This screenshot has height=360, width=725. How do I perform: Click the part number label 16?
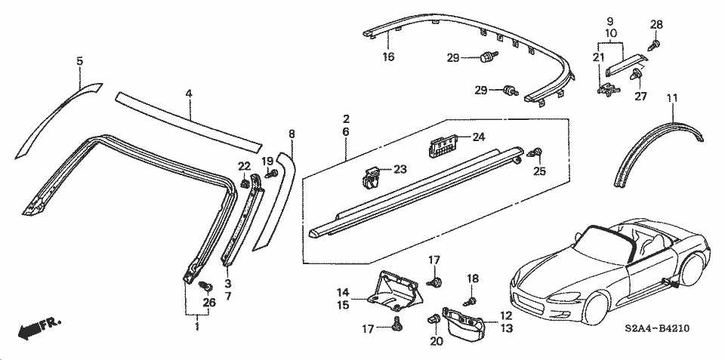(x=388, y=56)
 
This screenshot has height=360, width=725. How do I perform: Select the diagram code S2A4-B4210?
(x=656, y=328)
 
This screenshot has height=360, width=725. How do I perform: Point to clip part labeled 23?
(x=369, y=179)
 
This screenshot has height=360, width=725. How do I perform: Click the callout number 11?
(x=671, y=98)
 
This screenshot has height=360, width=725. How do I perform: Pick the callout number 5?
(x=79, y=60)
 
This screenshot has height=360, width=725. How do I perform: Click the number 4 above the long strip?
(x=189, y=94)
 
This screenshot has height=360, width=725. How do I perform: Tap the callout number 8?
(x=292, y=134)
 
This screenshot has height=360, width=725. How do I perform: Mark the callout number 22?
(x=243, y=166)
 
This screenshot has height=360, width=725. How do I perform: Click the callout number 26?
(x=209, y=303)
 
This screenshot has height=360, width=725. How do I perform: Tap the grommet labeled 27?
(x=639, y=75)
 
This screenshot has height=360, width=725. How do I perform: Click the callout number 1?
(x=197, y=327)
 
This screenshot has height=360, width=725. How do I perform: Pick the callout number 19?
(x=267, y=161)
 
